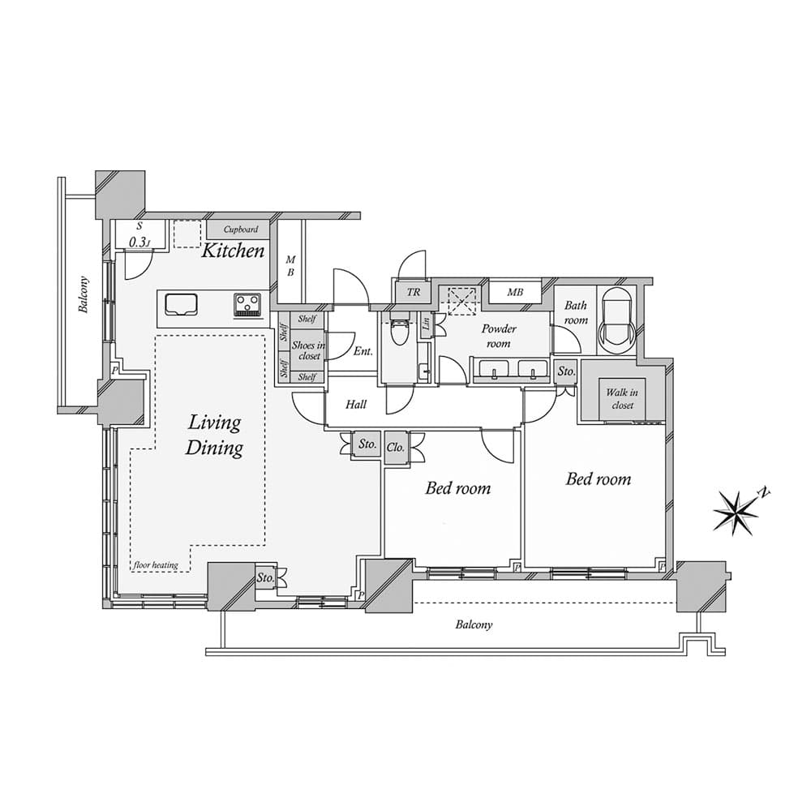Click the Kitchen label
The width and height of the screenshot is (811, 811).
232,251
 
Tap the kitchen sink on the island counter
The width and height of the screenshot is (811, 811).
181,304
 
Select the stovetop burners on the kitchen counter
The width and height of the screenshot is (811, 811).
247,304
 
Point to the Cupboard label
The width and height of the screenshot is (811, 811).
241,230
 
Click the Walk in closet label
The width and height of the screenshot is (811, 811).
622,399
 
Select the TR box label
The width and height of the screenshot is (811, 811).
414,292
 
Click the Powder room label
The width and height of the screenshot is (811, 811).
499,337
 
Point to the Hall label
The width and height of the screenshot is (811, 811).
356,405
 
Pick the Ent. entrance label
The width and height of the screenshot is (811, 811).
363,351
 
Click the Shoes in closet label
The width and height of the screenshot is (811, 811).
308,350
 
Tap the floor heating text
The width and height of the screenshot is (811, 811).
156,565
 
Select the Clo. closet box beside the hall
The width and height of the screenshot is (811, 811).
396,448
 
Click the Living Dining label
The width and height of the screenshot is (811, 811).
214,435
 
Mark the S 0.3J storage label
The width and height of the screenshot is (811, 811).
139,235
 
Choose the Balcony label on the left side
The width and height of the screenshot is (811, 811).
84,295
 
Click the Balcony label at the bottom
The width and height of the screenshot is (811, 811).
474,624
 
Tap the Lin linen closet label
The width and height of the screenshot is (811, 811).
427,324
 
